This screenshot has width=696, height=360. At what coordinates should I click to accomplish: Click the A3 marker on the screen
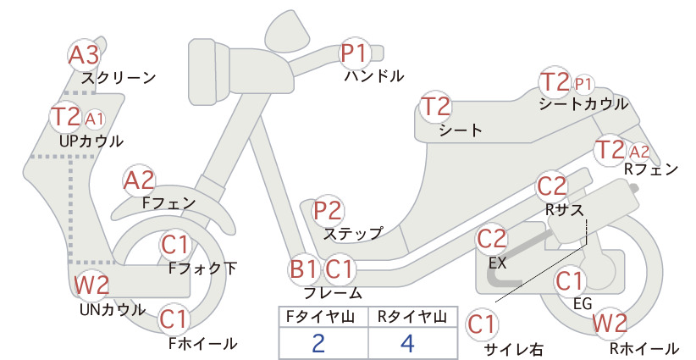pos(84,56)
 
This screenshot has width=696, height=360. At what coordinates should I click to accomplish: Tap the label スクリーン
pos(119,78)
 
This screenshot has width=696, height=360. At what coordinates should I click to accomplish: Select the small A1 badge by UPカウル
pos(94,119)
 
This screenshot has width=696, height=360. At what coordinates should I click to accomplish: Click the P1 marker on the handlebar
pos(355,53)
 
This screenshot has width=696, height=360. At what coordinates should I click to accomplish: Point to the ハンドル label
pos(374,76)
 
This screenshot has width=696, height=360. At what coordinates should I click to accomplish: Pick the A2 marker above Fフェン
pos(139,181)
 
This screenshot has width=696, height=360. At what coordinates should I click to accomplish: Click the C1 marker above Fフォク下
pos(175,245)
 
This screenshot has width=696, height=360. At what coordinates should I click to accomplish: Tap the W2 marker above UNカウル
pos(91,285)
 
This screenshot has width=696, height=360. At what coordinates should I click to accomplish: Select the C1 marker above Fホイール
pos(174,319)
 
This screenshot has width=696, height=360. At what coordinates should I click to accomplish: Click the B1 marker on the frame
pos(304,269)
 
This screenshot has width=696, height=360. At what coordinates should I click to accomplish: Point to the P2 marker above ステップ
pos(328,210)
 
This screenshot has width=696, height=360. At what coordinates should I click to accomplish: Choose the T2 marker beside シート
pos(435,107)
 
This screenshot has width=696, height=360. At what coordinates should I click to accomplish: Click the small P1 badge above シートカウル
pos(583,85)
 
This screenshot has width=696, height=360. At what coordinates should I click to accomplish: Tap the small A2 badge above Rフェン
pos(639,152)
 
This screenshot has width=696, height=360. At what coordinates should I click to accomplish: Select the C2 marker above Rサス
pos(552,186)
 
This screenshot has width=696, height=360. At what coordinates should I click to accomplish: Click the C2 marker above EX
pos(491,239)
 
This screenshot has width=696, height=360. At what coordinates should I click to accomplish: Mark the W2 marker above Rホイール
pos(610,323)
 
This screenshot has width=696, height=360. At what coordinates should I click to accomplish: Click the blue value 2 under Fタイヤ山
pos(318,343)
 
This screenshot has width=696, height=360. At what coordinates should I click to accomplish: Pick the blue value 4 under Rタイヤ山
pos(407,343)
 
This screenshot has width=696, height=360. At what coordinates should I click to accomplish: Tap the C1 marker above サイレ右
pos(482,324)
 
